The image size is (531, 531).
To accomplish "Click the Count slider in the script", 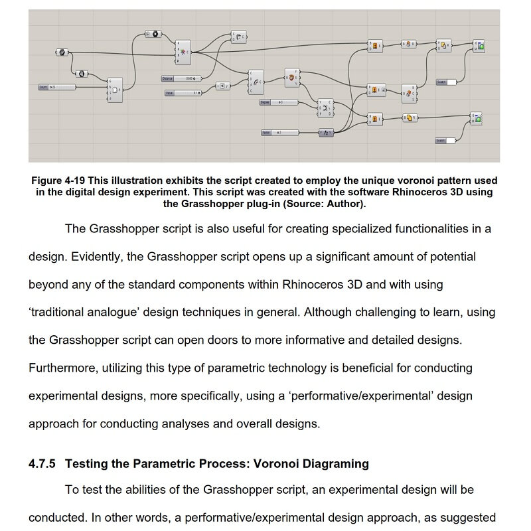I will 57,87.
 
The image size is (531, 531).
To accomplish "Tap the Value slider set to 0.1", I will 183,93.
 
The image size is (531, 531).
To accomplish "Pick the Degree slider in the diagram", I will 279,102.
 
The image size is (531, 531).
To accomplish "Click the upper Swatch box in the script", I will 446,82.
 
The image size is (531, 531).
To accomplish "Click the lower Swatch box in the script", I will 446,141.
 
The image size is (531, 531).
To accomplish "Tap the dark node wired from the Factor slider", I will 326,133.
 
